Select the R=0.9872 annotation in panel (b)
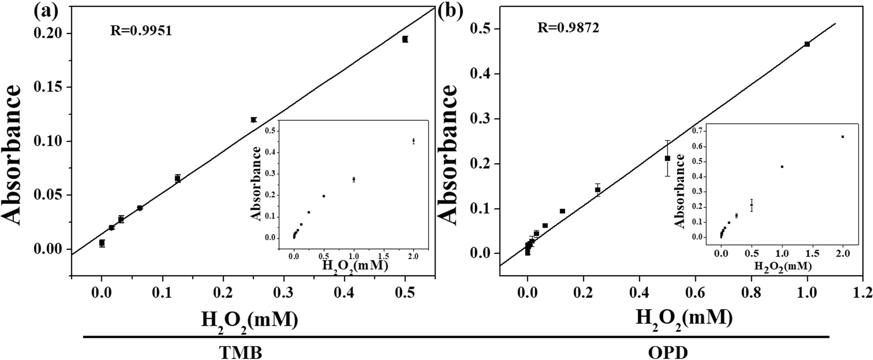(x=567, y=28)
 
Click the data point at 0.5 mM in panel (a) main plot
(x=405, y=39)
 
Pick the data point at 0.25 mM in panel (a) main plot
(x=254, y=120)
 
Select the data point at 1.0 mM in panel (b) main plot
(x=807, y=44)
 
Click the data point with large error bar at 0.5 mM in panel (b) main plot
(x=667, y=158)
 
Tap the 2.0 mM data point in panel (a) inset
(x=413, y=141)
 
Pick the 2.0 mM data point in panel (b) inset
(x=843, y=137)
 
